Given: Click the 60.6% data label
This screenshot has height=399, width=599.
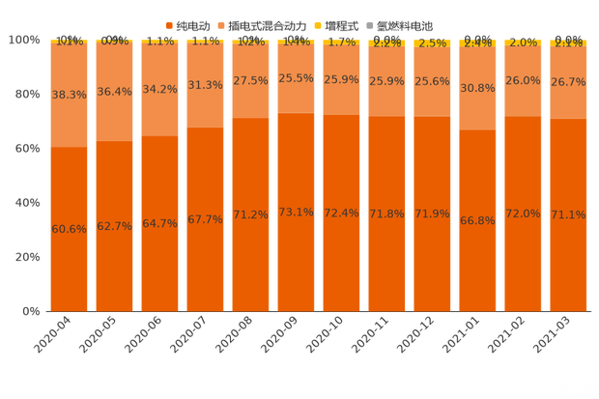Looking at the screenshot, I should (69, 229).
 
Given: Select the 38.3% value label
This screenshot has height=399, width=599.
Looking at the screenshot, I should (69, 96).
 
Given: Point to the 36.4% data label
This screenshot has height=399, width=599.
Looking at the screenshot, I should (114, 93).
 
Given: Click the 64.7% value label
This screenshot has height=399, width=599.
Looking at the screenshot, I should (159, 223).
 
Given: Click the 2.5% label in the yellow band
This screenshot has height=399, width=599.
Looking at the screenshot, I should (432, 43).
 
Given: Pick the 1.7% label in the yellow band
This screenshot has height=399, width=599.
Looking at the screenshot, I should (340, 43).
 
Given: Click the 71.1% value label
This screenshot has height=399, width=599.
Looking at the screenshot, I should (568, 214).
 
